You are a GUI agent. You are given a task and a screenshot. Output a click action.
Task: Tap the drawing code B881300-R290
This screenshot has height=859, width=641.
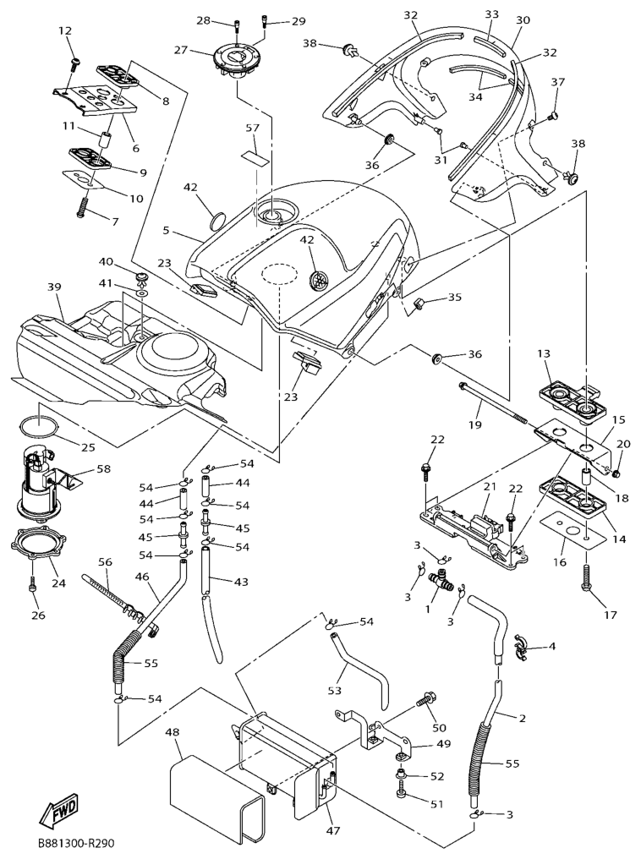tap(74, 843)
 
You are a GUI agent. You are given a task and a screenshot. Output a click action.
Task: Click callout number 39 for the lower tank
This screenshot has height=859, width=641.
tap(55, 288)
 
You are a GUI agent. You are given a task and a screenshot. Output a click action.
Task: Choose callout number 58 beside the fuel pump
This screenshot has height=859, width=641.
tap(103, 468)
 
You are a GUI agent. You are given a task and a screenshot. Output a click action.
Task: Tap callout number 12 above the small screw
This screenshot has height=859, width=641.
tap(65, 31)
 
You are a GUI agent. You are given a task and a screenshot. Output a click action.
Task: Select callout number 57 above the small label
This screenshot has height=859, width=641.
tap(251, 129)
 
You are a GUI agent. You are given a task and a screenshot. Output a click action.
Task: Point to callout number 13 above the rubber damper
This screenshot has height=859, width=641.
tap(543, 353)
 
